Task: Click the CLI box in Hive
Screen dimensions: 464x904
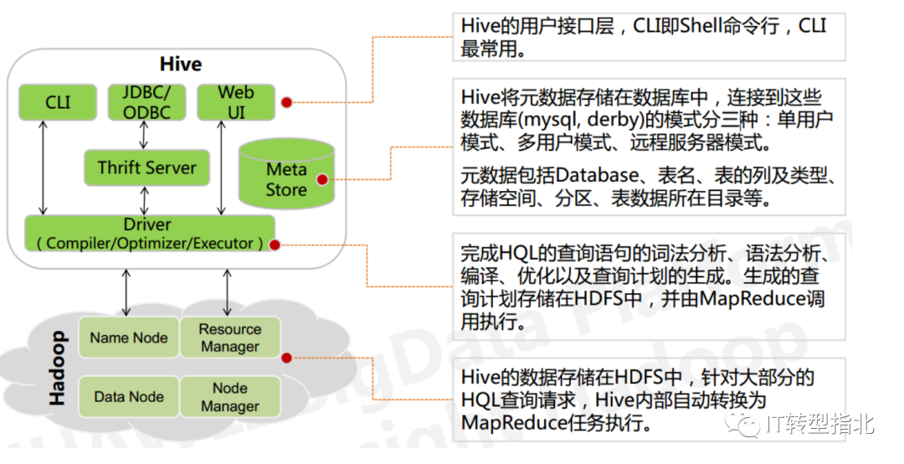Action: tap(59, 102)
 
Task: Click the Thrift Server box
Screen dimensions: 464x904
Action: tap(146, 168)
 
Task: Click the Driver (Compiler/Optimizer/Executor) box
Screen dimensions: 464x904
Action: tap(150, 234)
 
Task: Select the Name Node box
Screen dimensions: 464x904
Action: tap(129, 338)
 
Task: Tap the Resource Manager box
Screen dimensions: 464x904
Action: tap(229, 338)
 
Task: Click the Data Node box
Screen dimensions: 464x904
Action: tap(129, 397)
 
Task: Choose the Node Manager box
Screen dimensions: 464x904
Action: tap(229, 397)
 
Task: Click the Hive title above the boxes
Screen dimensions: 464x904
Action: tap(181, 64)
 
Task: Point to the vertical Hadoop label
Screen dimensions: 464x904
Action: tap(57, 369)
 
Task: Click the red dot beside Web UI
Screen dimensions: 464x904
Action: tap(286, 102)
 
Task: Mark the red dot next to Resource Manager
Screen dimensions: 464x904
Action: tap(286, 358)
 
